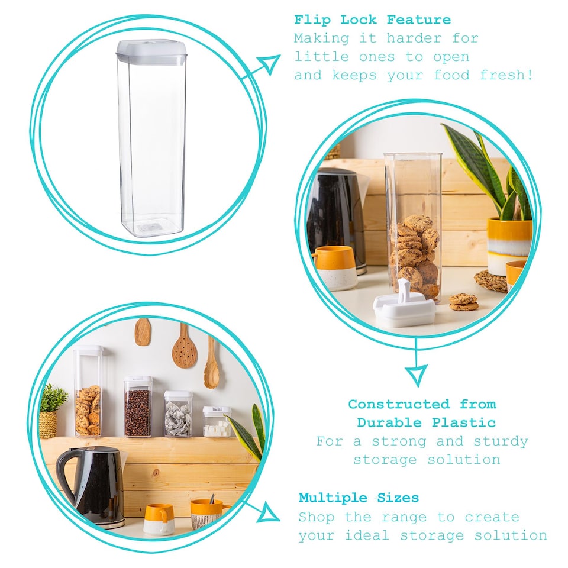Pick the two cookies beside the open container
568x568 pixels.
pos(463,302)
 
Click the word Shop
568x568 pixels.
pos(317,517)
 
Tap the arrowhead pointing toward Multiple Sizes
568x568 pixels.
pos(269,512)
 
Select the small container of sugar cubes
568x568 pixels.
pos(217,422)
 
